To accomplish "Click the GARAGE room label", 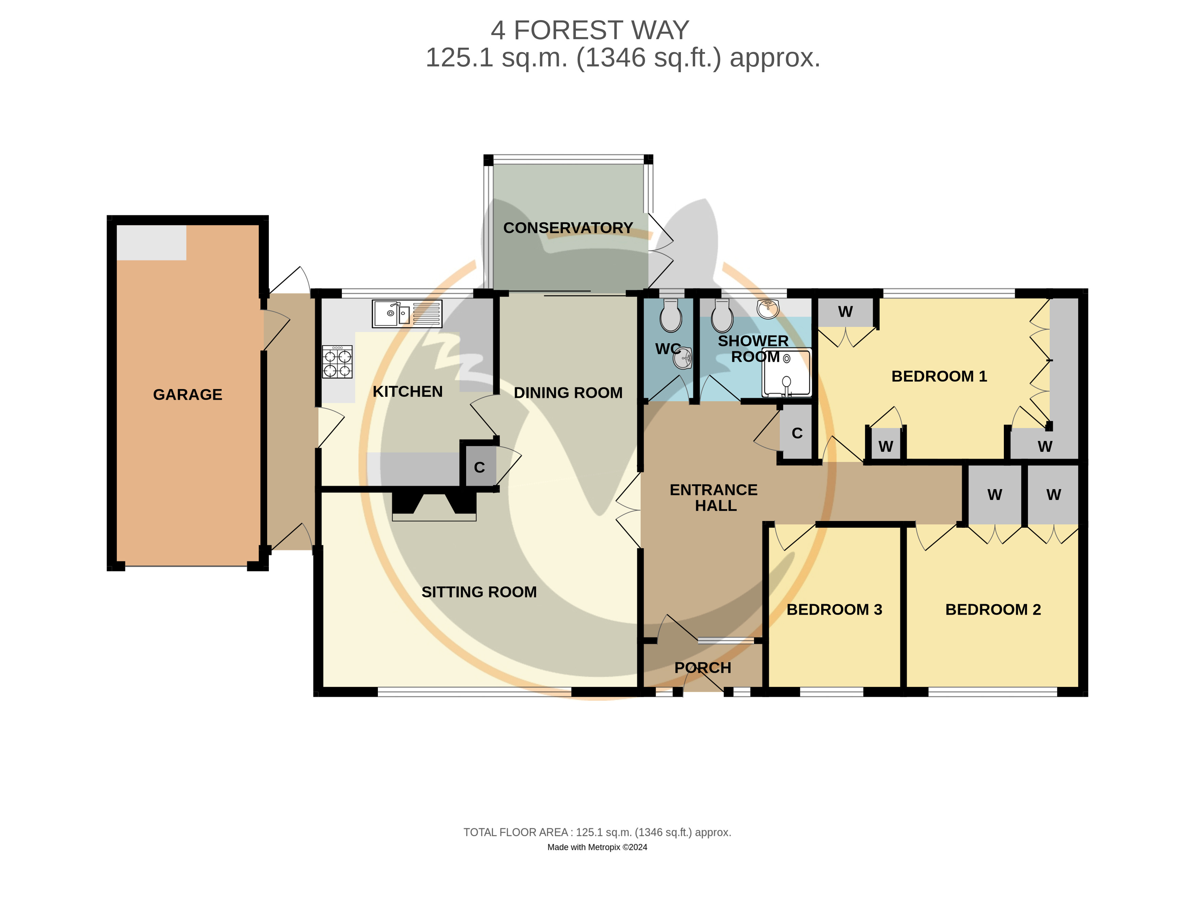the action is (x=187, y=395).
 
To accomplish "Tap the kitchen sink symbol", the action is (x=407, y=314).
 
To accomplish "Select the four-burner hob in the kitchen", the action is (x=337, y=362).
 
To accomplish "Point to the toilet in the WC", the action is (x=671, y=316).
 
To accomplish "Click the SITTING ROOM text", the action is (x=479, y=592).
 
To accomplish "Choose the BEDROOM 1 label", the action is (x=939, y=376).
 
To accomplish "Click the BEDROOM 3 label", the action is (x=834, y=610).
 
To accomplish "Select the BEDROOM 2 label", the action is (x=993, y=610).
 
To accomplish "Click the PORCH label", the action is (x=702, y=668).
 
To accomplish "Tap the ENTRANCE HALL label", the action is (x=714, y=498).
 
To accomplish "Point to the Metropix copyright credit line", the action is (x=597, y=847).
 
